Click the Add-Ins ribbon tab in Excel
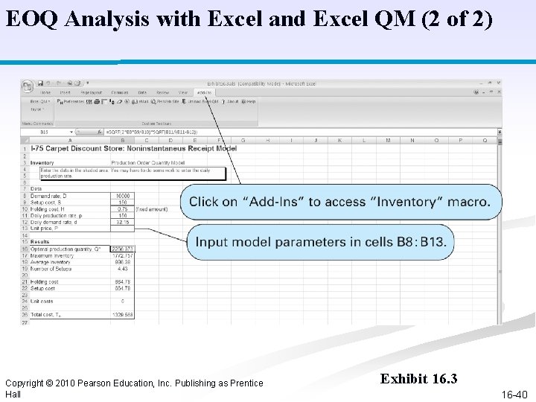point(204,92)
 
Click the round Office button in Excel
point(27,86)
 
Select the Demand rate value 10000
point(122,196)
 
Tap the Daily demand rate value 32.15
point(123,222)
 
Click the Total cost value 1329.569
point(121,315)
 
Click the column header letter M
point(388,140)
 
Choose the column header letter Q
point(485,140)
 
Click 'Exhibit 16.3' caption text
point(418,379)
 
